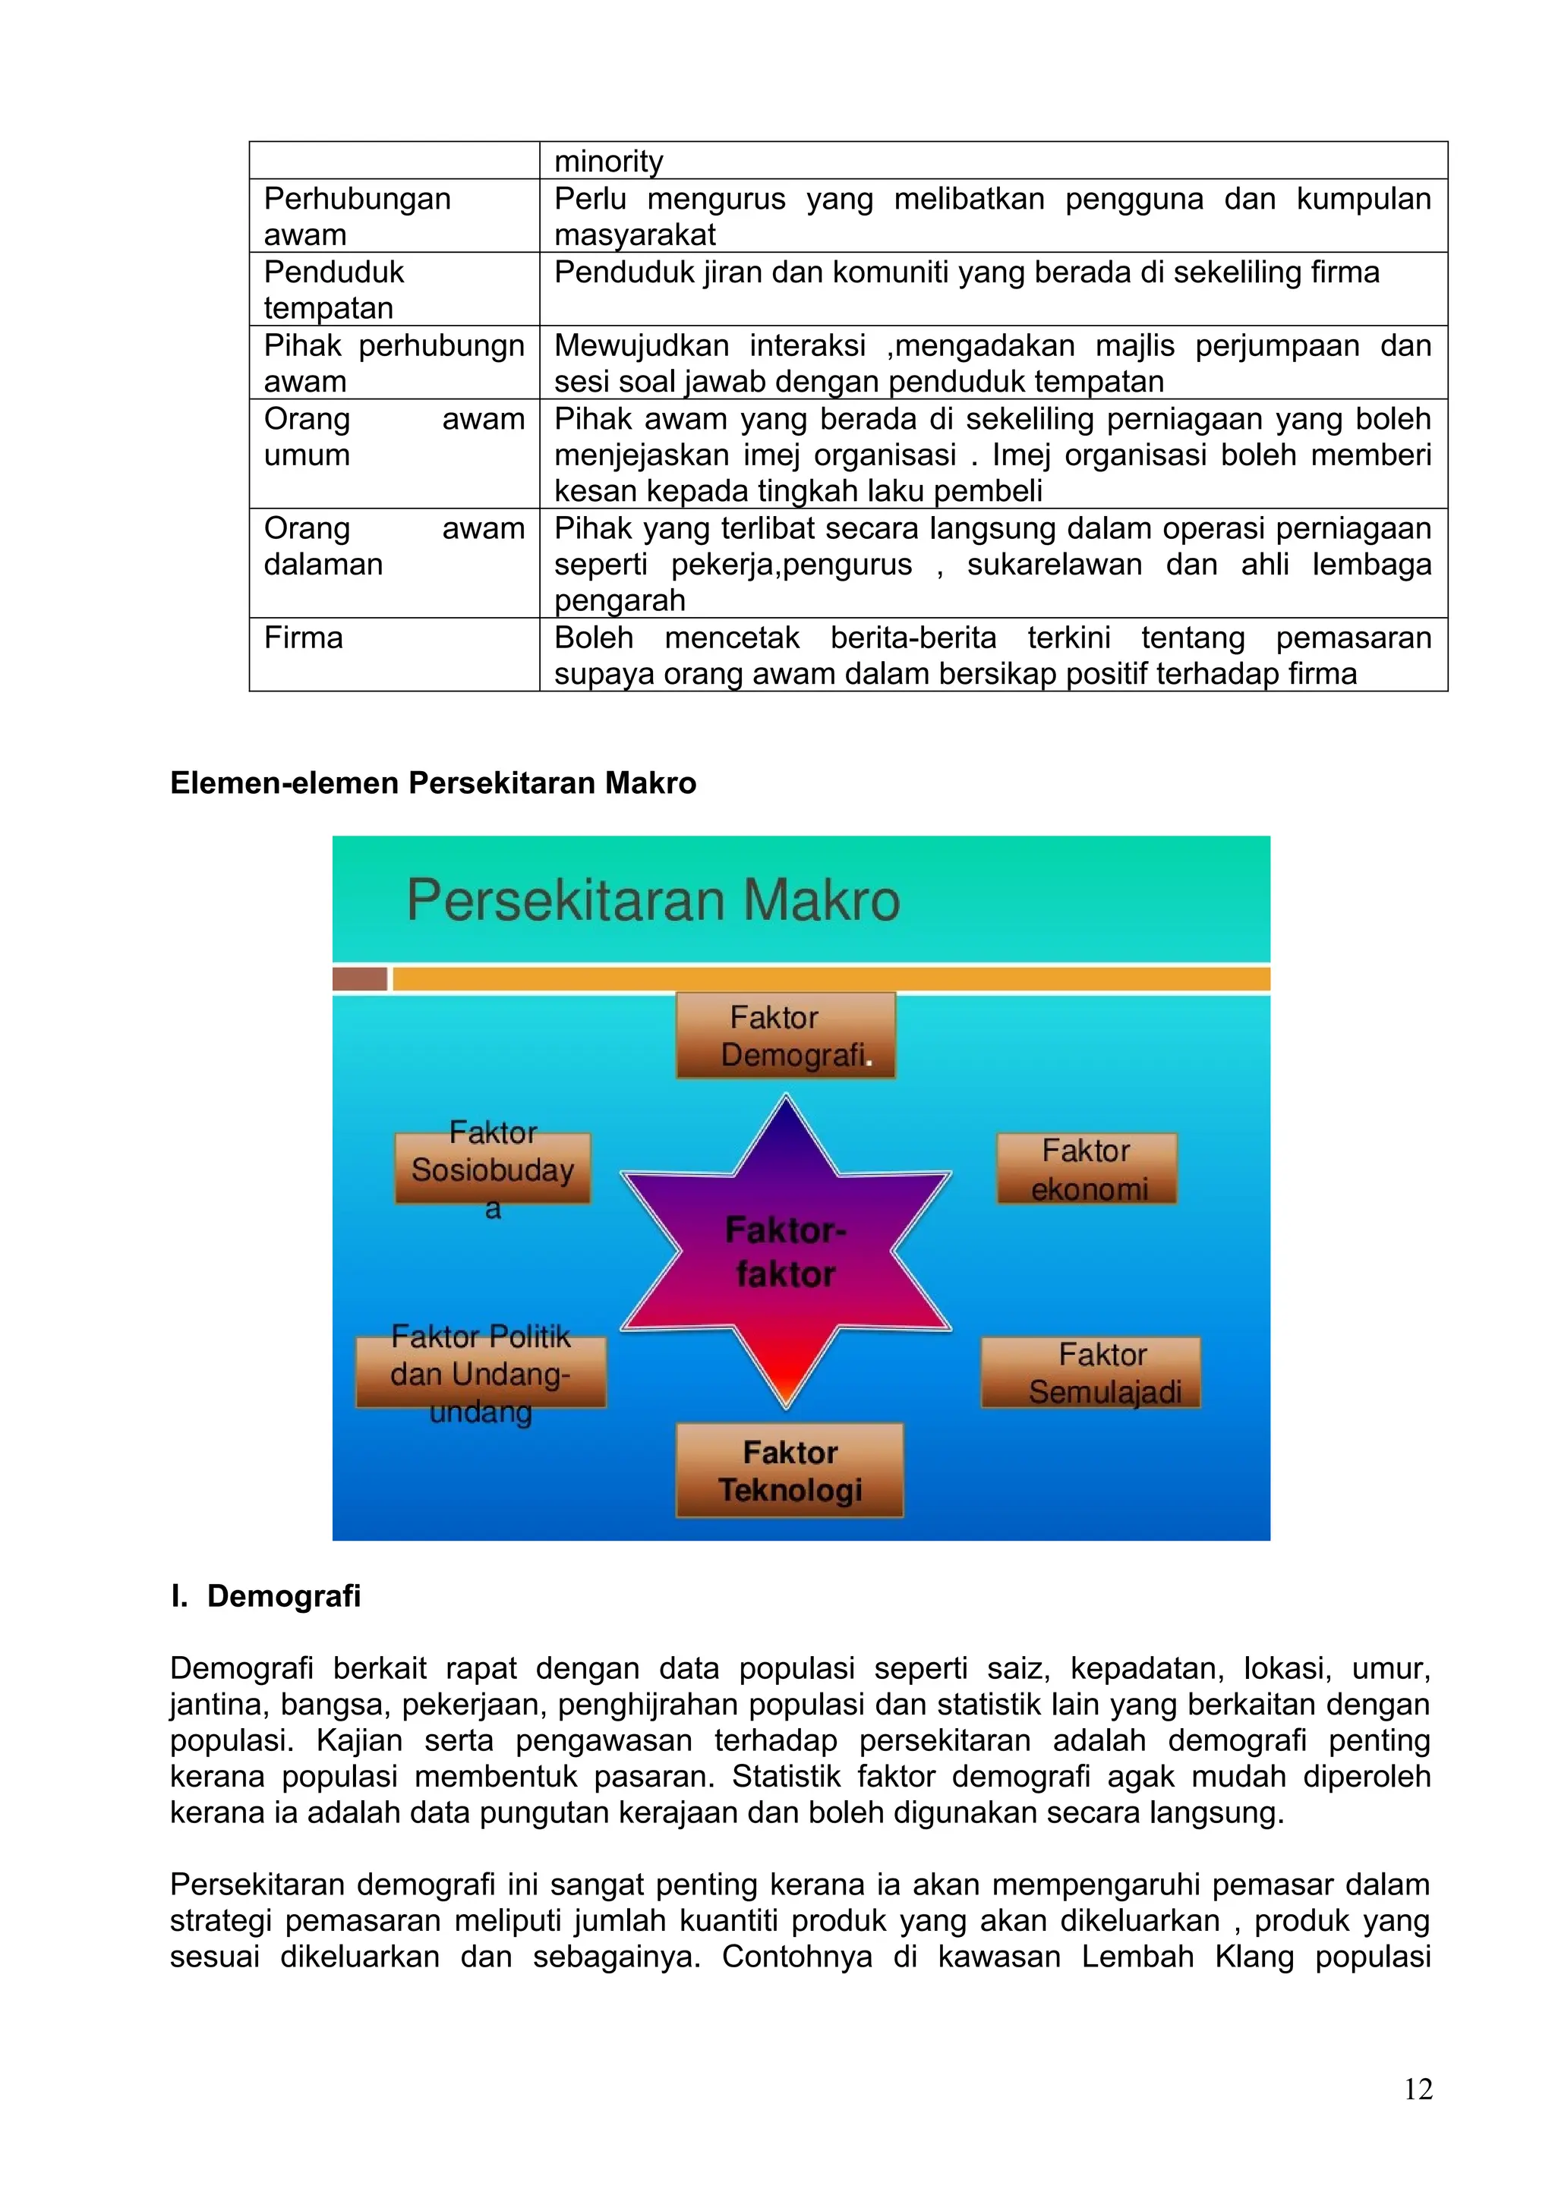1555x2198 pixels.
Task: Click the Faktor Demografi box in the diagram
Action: pos(785,1036)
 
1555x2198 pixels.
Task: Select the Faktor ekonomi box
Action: pos(1086,1168)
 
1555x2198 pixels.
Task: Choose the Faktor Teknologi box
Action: pos(789,1470)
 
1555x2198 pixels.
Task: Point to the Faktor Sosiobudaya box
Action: pos(492,1169)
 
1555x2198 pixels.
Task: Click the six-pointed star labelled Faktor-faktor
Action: pos(785,1252)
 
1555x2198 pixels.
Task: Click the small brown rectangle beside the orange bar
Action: pos(359,978)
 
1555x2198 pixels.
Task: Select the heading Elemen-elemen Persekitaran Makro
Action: pos(433,783)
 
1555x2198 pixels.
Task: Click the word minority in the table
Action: pos(608,161)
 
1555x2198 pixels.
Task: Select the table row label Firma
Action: pos(304,638)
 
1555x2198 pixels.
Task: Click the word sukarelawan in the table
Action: pos(1054,565)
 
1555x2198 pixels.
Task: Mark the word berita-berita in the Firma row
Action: pos(913,638)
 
